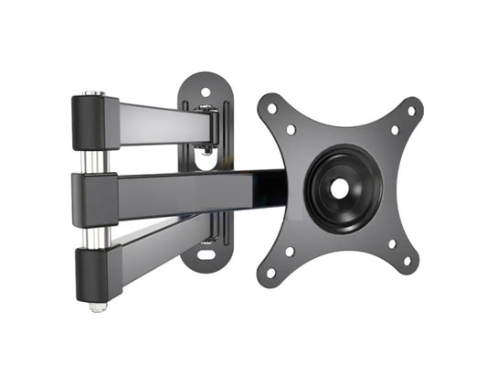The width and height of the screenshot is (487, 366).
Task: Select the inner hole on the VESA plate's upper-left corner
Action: tap(291, 129)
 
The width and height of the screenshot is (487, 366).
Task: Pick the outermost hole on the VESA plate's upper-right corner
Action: tap(410, 111)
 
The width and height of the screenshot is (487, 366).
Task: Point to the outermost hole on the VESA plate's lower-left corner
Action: tap(270, 272)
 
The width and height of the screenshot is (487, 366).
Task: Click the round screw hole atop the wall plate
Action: tap(205, 91)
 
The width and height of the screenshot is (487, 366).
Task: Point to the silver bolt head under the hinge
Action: tap(96, 306)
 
